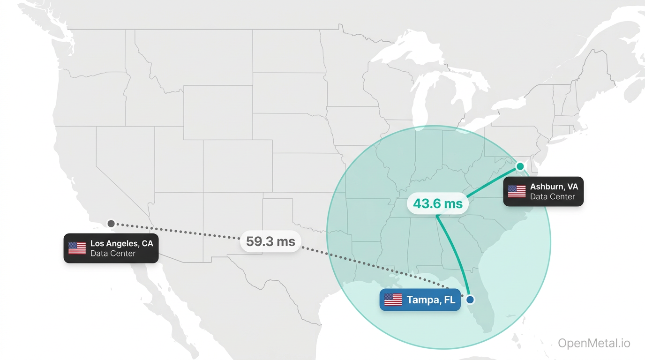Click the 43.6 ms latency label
[x=438, y=204]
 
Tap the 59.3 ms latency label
[x=271, y=242]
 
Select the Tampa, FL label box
[x=420, y=300]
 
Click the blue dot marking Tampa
[x=470, y=300]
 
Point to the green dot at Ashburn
[x=520, y=166]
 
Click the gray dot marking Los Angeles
[x=111, y=224]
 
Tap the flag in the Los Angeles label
[x=77, y=248]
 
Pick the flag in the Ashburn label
[x=517, y=191]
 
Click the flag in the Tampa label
[x=393, y=300]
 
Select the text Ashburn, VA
[x=554, y=187]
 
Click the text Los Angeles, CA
[x=121, y=244]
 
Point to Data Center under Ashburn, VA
[x=552, y=196]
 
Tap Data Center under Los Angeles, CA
[x=113, y=254]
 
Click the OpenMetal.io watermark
[x=594, y=343]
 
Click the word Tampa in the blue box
[x=422, y=300]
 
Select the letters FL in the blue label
[x=449, y=300]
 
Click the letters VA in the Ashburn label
[x=572, y=187]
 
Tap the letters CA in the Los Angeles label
[x=147, y=244]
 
